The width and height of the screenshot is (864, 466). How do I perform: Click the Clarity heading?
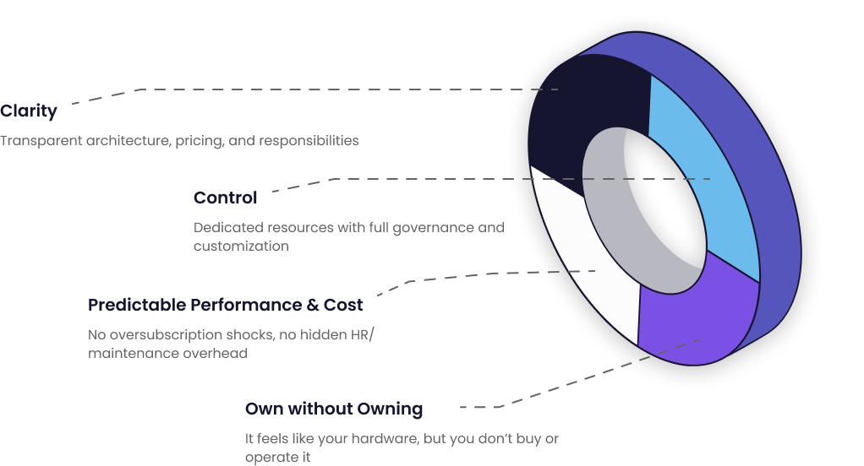29,111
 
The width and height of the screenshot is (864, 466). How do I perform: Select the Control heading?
225,198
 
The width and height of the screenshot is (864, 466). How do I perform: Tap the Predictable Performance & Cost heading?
225,305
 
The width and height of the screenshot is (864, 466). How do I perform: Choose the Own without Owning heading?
334,409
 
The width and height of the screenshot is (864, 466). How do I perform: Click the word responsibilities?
306,140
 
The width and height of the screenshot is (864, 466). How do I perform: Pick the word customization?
241,246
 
